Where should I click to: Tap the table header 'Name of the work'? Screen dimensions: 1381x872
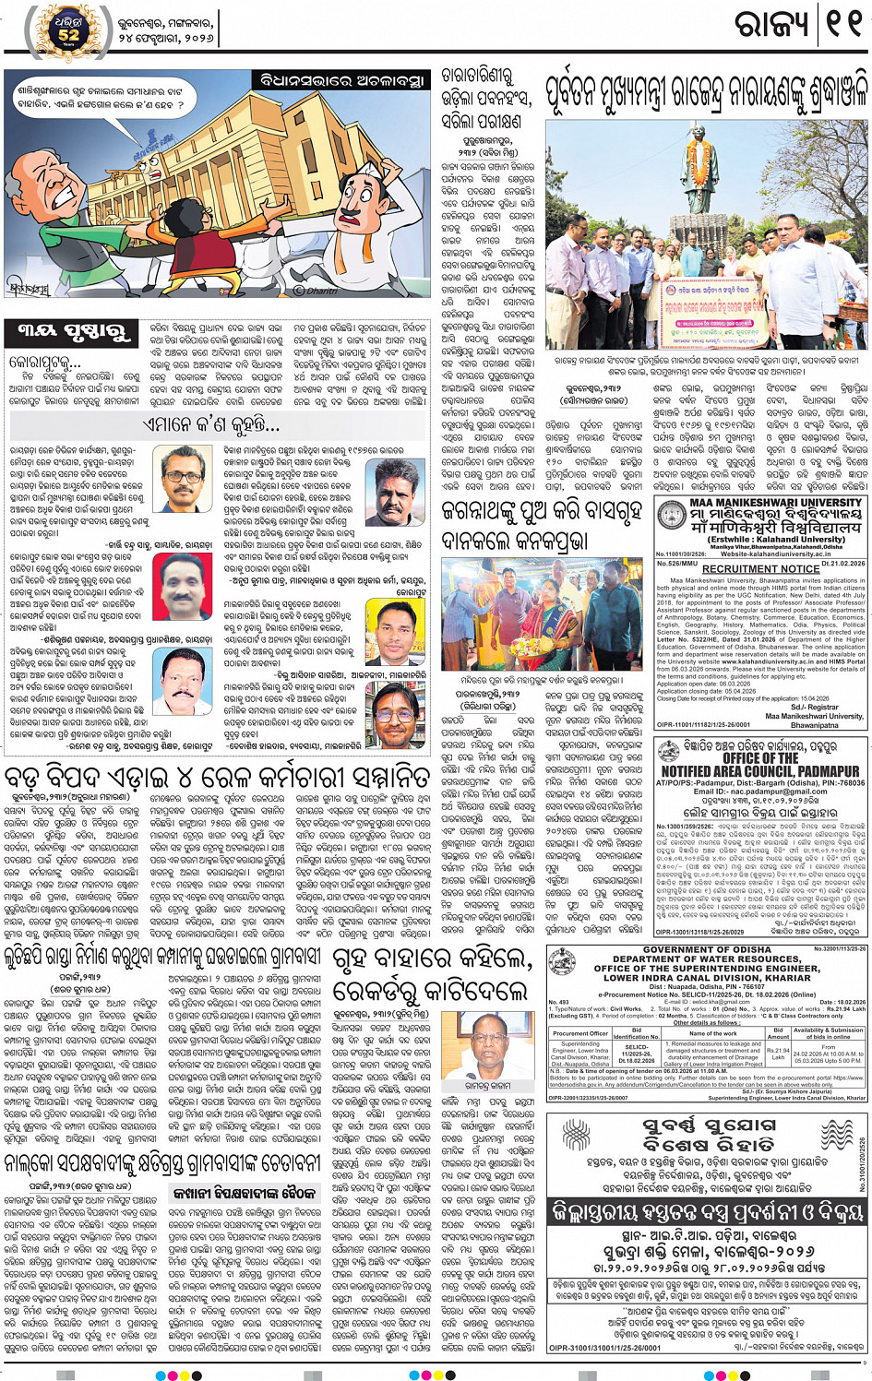click(712, 1032)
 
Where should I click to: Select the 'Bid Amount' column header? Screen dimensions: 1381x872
click(778, 1033)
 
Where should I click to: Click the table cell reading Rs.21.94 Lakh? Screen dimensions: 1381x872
click(778, 1054)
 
